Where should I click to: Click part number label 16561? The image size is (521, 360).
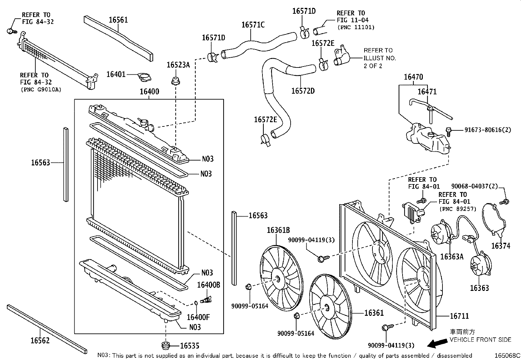point(118,20)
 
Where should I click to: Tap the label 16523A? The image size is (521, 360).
point(178,65)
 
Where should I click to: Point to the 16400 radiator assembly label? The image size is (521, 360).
point(149,92)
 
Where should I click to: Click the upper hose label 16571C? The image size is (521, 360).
point(253,25)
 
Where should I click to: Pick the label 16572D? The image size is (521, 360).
point(303,91)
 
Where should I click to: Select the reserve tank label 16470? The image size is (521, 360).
point(413,77)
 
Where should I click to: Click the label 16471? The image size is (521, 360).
point(427,92)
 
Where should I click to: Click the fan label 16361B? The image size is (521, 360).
point(278,230)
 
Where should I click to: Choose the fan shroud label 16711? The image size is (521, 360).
point(459,316)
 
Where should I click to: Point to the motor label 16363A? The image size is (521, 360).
point(452,256)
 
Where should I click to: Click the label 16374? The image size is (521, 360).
point(500,246)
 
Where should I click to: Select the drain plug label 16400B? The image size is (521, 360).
point(208,285)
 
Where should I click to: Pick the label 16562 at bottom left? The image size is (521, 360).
point(40,341)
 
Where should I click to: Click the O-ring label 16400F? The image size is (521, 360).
point(198,317)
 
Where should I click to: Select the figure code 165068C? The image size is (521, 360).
point(507,355)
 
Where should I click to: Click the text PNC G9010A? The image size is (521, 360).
point(41,89)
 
